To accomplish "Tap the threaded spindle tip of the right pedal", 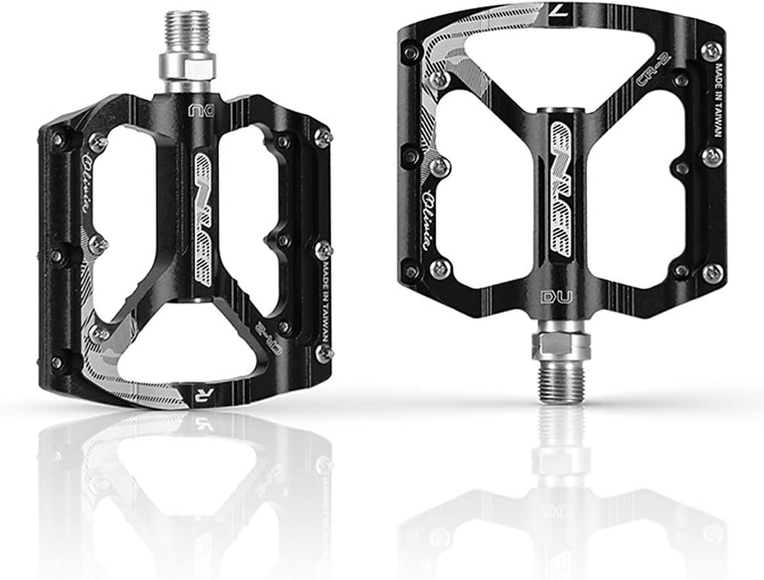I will point(560,377).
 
